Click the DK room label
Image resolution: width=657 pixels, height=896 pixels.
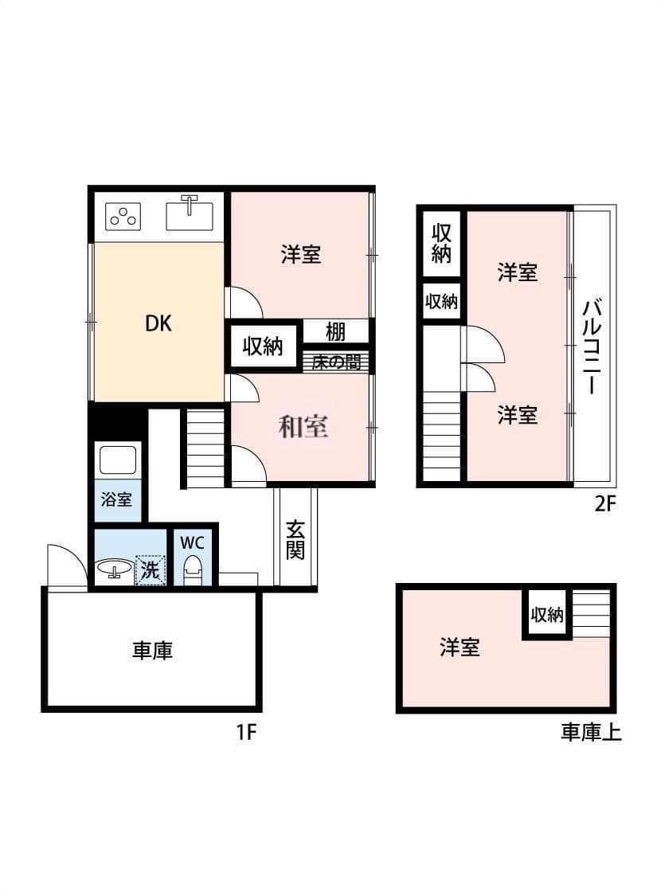(158, 323)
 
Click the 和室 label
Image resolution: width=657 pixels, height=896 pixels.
(303, 426)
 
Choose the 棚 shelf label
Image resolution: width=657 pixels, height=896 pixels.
(336, 332)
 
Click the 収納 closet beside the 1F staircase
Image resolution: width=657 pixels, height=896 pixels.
(263, 346)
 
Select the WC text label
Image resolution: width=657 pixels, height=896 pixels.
(192, 542)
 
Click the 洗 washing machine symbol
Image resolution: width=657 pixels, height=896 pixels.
(150, 569)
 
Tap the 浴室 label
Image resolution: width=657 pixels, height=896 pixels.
(116, 499)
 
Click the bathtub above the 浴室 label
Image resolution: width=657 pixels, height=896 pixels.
(118, 460)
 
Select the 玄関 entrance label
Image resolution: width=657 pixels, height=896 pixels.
(295, 539)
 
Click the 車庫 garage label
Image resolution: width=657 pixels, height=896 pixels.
(152, 650)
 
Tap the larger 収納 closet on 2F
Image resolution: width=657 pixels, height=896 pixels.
(442, 244)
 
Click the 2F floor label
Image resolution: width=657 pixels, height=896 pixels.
(605, 503)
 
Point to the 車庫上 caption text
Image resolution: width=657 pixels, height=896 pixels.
(591, 732)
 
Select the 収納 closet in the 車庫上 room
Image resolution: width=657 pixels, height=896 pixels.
(547, 614)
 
